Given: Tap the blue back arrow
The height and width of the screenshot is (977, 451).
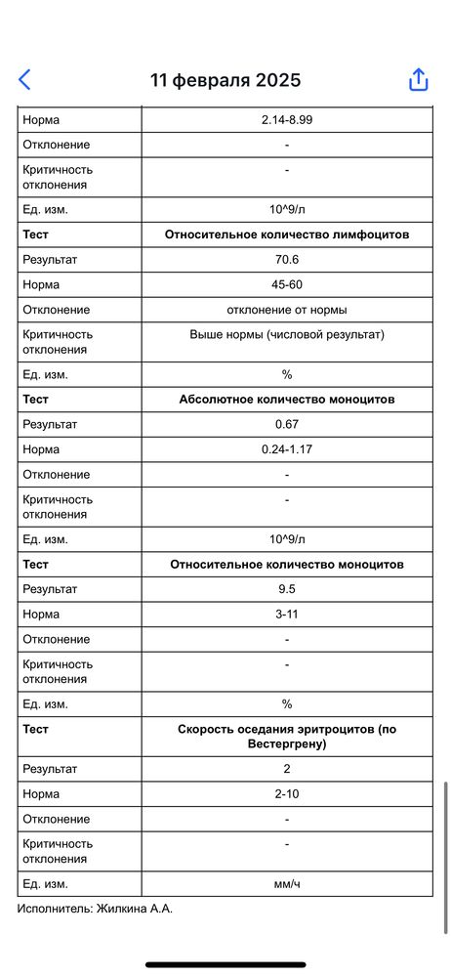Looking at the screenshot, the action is [x=24, y=80].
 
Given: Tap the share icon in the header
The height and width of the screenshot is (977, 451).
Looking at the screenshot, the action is [x=418, y=80].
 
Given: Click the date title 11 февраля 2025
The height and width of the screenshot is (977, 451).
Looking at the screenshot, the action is [x=225, y=80].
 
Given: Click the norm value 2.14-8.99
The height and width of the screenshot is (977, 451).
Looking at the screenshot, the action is [x=287, y=119].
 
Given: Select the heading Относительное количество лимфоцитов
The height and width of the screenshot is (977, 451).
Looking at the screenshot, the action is [x=287, y=234].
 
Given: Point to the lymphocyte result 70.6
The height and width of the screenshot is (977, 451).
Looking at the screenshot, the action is [x=287, y=260].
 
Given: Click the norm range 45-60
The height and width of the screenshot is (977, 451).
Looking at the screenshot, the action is [x=287, y=284].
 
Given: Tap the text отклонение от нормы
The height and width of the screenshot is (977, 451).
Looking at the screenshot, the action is [x=287, y=310].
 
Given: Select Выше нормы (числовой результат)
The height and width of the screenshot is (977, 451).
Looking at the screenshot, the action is [x=287, y=334].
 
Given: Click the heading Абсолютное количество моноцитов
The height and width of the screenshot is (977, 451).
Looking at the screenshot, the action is [x=287, y=400].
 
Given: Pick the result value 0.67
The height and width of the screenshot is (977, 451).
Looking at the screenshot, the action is [x=287, y=425].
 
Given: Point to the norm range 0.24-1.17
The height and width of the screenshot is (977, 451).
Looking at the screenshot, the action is [x=287, y=449].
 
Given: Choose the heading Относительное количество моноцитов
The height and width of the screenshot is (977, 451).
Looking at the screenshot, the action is [x=287, y=564].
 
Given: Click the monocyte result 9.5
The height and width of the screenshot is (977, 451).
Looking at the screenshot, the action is [x=287, y=589].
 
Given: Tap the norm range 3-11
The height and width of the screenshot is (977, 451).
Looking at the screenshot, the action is [x=287, y=615].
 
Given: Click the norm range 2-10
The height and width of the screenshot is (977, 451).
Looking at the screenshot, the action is [x=287, y=793].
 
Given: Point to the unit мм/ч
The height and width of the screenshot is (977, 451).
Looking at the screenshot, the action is [x=287, y=884].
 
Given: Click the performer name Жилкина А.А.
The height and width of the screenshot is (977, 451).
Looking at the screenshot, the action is [x=136, y=909].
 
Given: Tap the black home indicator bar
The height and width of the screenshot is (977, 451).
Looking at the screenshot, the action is [x=225, y=964].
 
